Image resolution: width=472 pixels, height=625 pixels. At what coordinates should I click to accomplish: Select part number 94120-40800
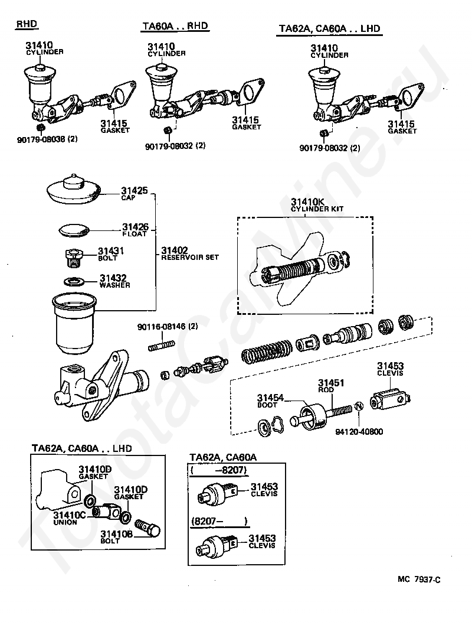click(359, 431)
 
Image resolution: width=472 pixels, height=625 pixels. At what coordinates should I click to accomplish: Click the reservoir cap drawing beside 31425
click(74, 187)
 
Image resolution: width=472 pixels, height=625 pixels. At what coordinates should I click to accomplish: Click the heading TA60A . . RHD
click(176, 27)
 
